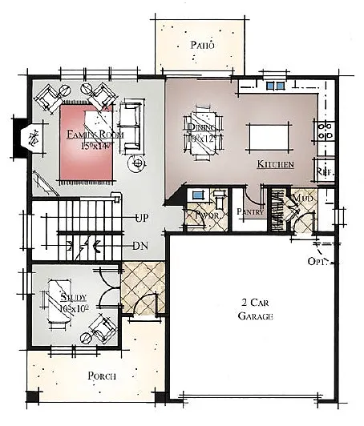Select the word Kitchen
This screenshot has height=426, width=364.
point(275,164)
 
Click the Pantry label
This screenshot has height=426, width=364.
point(251,211)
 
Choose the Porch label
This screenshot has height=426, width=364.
point(102,376)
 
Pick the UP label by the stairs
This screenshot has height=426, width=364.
point(143,218)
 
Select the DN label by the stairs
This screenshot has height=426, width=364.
point(141,246)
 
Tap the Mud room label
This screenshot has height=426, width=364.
point(301,199)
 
